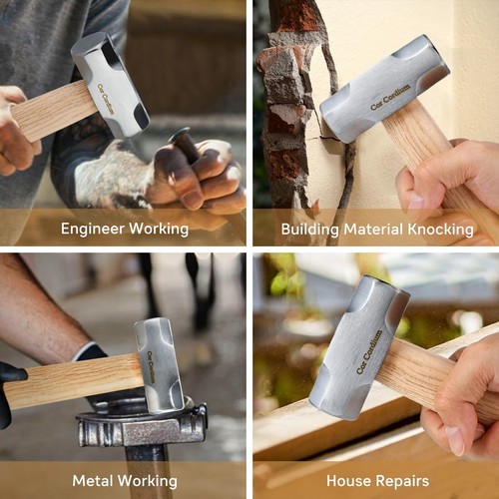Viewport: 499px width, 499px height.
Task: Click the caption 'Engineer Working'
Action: point(124,229)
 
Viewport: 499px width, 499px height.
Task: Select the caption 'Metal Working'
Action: point(124,481)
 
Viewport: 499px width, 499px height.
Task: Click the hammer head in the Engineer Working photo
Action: point(111,85)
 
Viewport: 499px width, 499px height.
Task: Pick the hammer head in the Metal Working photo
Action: point(159,364)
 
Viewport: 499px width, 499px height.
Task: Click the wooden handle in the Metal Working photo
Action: point(75,379)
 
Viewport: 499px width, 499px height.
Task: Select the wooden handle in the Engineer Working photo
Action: point(55,110)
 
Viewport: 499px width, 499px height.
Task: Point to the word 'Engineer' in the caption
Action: point(97,229)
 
